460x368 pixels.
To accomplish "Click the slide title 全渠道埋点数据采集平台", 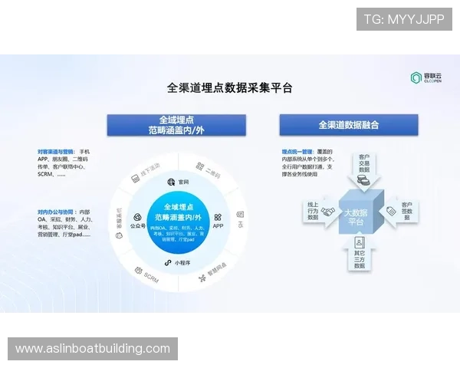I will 230,87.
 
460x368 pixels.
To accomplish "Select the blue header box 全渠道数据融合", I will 348,124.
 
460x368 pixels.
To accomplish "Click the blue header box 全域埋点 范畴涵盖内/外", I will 176,125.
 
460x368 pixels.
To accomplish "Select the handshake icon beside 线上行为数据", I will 328,212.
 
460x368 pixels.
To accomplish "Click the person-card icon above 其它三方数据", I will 360,243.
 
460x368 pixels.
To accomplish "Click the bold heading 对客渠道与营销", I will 55,152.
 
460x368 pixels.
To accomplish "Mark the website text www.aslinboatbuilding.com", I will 93,349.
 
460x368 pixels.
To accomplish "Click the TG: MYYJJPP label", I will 404,19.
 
